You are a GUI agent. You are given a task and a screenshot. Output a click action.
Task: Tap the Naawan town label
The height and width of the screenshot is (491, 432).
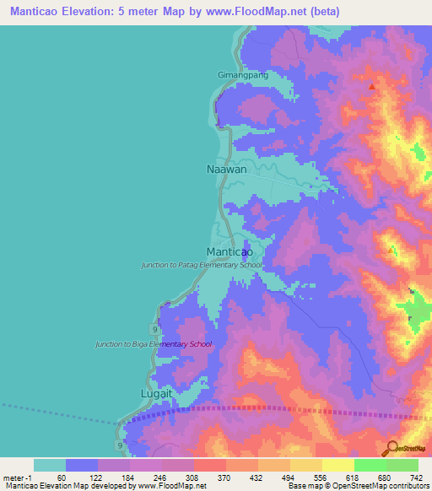tap(227, 170)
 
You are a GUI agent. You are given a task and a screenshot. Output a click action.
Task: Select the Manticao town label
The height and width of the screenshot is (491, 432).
tap(229, 251)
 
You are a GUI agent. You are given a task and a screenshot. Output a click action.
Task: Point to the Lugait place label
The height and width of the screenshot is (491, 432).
tap(156, 393)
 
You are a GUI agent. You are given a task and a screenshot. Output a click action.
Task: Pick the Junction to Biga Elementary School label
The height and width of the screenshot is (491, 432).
tap(153, 344)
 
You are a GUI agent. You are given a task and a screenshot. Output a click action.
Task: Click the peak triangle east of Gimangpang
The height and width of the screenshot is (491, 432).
tap(371, 85)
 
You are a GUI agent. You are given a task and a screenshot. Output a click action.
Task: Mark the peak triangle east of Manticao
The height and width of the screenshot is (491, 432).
tap(390, 250)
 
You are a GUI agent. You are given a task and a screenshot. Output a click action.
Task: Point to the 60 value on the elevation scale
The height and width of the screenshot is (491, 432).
tap(62, 478)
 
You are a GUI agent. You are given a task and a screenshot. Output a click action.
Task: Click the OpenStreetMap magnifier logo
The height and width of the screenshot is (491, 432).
tap(391, 448)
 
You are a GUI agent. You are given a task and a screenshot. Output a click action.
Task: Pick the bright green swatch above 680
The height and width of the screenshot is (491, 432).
tap(370, 465)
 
